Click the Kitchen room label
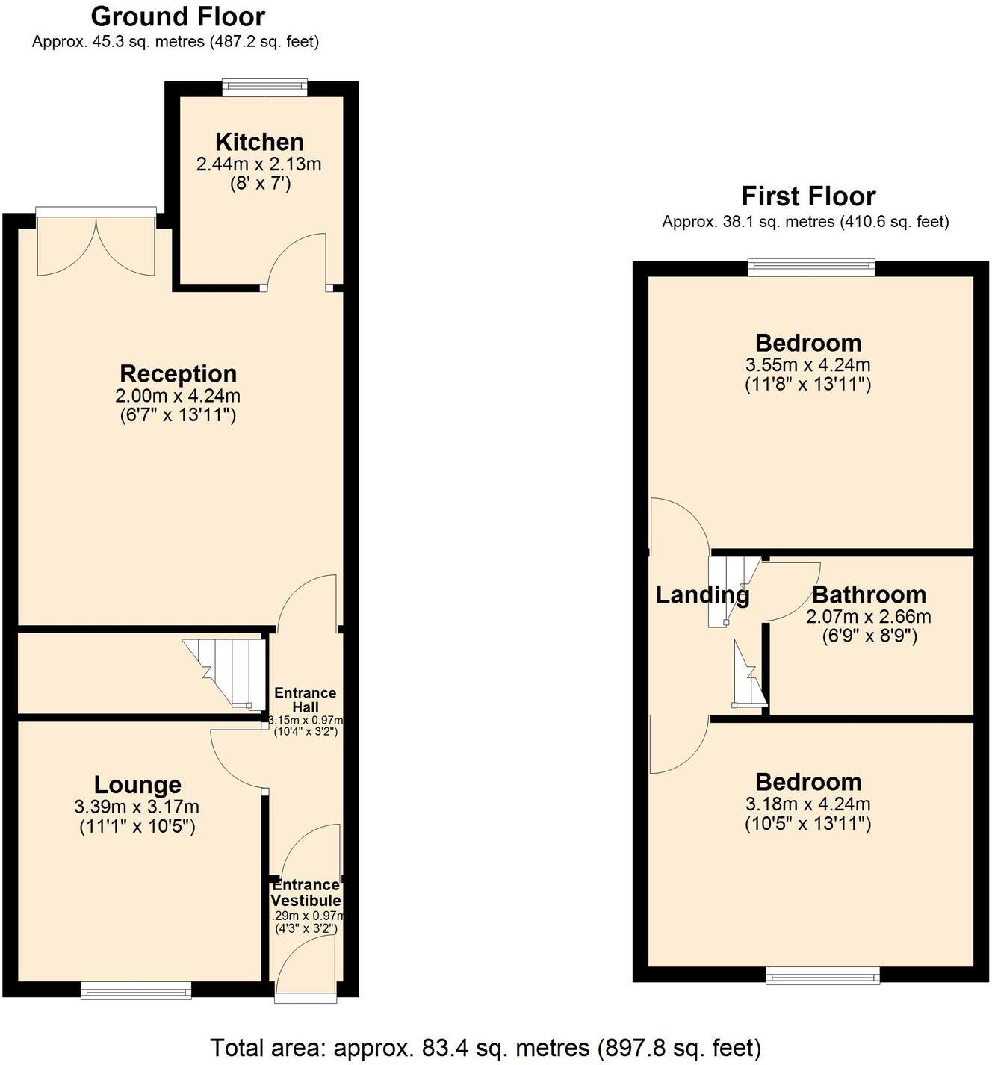(259, 142)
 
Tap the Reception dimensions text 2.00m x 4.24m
(178, 396)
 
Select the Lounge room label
(137, 785)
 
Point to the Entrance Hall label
(305, 700)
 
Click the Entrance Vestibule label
(306, 892)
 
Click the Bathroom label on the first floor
(869, 595)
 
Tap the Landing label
(702, 595)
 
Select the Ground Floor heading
(178, 16)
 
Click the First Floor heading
(808, 196)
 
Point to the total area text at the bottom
(486, 1047)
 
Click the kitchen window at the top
(264, 88)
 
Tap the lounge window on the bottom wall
(136, 990)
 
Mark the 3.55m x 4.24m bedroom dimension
(808, 365)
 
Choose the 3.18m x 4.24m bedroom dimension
(808, 804)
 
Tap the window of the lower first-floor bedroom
(822, 975)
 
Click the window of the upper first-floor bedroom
(811, 267)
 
